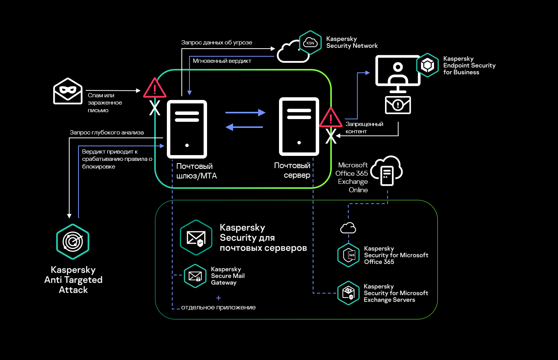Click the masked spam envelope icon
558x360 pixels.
point(68,91)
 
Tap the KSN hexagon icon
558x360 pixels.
point(310,43)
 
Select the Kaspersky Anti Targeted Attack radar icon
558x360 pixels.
point(73,242)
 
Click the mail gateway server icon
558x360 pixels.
point(187,129)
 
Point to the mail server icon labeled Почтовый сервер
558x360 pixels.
point(299,127)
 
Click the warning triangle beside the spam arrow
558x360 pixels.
point(155,88)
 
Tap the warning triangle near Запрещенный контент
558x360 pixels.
point(331,118)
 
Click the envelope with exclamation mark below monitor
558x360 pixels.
point(398,105)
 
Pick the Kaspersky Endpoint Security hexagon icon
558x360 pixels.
point(427,65)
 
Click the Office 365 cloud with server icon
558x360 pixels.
point(387,171)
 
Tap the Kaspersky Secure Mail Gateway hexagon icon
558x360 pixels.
point(195,276)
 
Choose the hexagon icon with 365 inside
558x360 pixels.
point(349,255)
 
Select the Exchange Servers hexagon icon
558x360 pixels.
point(348,293)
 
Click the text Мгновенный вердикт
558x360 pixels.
point(222,61)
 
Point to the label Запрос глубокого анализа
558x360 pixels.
point(106,133)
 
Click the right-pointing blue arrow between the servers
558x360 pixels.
point(245,113)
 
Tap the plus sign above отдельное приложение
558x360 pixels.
point(219,298)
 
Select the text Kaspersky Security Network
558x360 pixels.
point(351,42)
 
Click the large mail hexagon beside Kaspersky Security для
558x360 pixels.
point(196,237)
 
